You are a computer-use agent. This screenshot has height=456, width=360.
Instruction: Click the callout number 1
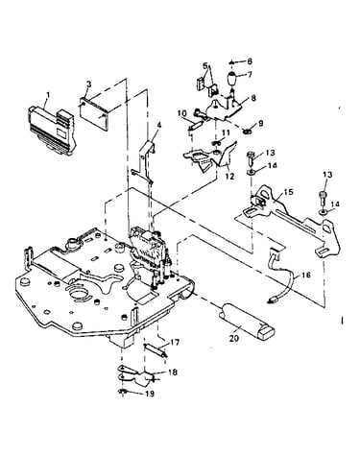point(48,95)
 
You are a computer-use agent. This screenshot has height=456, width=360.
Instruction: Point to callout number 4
point(159,125)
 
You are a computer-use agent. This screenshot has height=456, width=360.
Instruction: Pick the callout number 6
point(250,61)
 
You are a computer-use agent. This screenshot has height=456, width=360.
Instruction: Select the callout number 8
point(254,98)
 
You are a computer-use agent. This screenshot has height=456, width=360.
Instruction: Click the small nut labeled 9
point(247,132)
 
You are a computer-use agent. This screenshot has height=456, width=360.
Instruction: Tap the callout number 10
point(182,113)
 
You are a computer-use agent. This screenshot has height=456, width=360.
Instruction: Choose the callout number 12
point(230,176)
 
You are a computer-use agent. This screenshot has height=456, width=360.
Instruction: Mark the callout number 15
point(289,192)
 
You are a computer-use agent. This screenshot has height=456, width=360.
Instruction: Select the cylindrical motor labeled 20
point(247,321)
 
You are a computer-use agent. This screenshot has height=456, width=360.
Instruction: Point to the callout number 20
point(234,338)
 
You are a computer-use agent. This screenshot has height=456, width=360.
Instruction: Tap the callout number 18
point(173,372)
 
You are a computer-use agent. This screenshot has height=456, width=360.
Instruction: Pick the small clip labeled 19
point(122,392)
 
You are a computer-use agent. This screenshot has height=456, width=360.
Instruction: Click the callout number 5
point(205,66)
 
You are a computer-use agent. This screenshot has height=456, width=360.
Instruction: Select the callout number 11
point(226,132)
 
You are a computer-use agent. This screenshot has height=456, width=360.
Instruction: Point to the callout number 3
point(89,84)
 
